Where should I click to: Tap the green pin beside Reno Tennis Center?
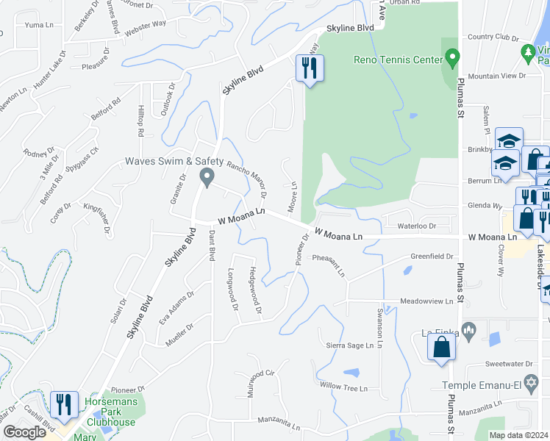pyautogui.click(x=452, y=57)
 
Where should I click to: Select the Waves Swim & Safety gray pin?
pyautogui.click(x=207, y=176)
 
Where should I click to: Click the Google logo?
pyautogui.click(x=24, y=432)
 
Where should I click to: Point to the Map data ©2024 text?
pyautogui.click(x=518, y=435)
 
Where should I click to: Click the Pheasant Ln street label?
pyautogui.click(x=329, y=263)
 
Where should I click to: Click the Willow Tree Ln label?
pyautogui.click(x=343, y=386)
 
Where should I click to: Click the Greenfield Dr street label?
pyautogui.click(x=432, y=257)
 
